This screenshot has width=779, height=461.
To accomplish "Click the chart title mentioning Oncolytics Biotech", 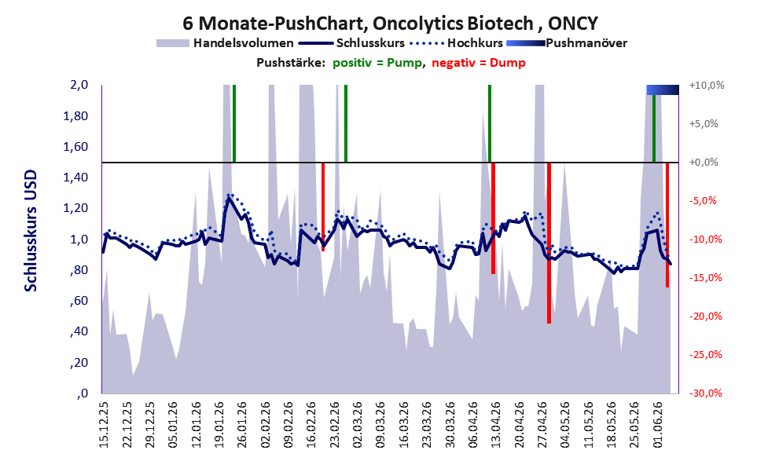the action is [x=390, y=24].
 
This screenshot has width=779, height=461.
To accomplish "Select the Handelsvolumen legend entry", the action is [x=225, y=43].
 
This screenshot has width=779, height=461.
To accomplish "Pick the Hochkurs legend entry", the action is [x=457, y=43].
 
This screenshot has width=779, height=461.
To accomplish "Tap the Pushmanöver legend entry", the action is [x=567, y=43].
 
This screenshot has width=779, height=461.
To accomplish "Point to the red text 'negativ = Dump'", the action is [x=479, y=63].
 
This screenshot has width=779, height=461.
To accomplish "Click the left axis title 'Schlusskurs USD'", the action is [x=31, y=231].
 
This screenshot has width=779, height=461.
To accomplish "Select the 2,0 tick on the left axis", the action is [x=79, y=85].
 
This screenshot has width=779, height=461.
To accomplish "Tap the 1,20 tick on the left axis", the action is [x=75, y=208].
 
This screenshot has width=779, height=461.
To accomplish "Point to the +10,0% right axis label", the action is [x=707, y=86].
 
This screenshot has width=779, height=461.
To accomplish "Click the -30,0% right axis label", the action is [x=706, y=393].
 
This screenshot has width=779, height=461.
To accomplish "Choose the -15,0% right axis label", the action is [x=706, y=278].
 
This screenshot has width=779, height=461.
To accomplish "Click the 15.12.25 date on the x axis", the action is [x=104, y=425].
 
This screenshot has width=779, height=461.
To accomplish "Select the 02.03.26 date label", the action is [x=358, y=425].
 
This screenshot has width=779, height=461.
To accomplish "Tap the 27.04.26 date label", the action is [x=542, y=425].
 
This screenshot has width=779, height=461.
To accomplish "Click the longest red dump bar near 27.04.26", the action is [x=549, y=243].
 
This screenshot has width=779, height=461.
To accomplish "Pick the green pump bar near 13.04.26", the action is [x=490, y=123].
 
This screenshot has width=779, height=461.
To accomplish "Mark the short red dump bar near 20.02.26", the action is [x=323, y=207].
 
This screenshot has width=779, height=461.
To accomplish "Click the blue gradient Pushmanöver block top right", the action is [x=663, y=90].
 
